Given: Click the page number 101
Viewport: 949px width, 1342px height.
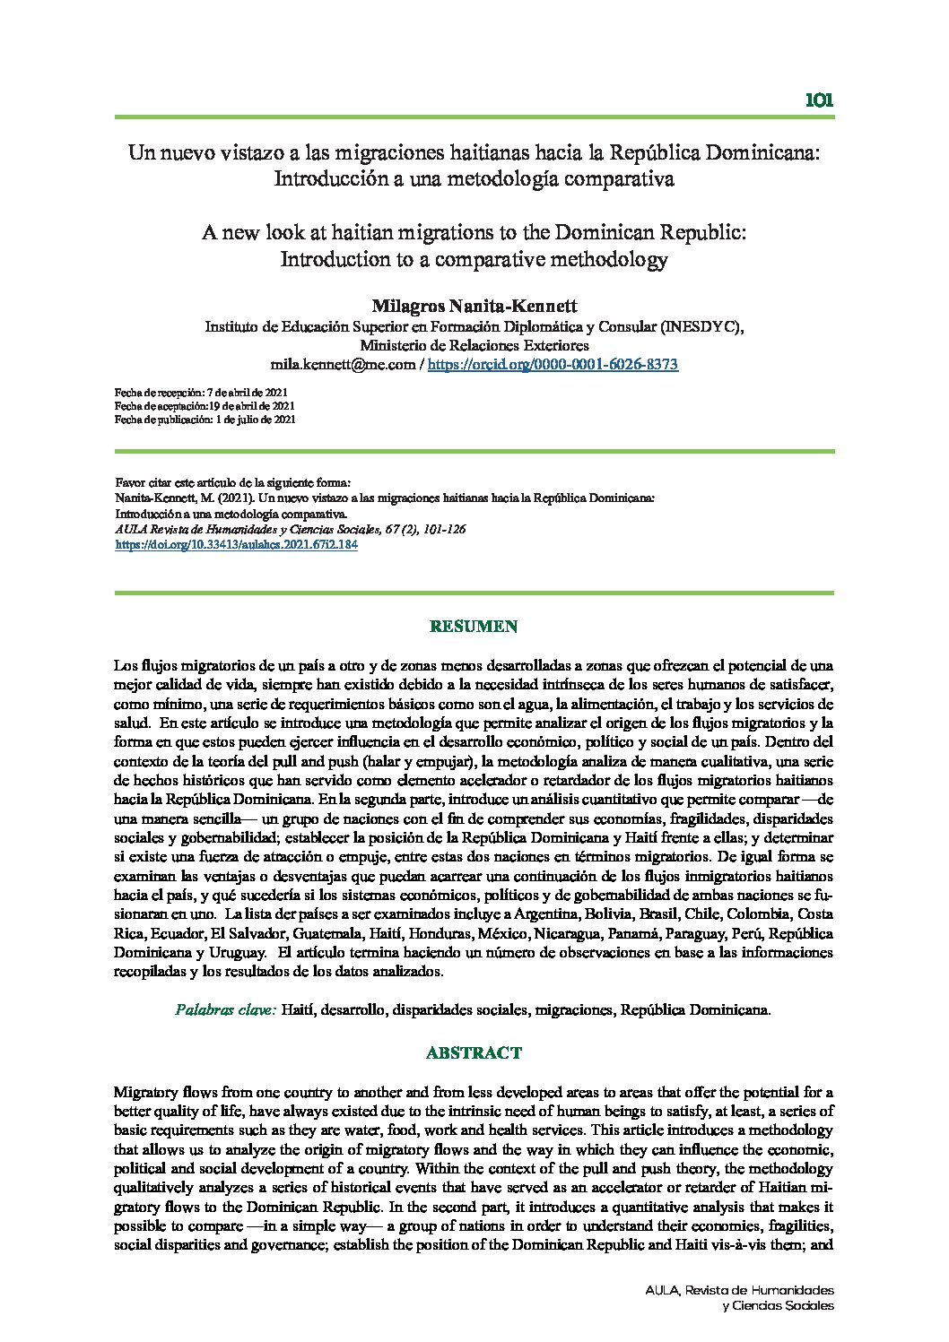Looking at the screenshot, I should click(819, 100).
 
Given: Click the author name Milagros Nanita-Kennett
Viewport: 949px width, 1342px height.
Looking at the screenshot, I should click(474, 307).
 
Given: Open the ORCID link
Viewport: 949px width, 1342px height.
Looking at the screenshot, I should click(553, 365).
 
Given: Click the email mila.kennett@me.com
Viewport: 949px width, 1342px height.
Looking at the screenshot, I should click(343, 365).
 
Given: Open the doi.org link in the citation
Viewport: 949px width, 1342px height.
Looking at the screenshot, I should click(238, 544).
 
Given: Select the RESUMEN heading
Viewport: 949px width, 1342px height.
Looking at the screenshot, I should click(474, 627).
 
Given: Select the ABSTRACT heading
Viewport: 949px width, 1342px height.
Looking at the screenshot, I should click(474, 1052).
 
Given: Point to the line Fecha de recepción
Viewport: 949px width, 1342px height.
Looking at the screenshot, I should click(202, 393).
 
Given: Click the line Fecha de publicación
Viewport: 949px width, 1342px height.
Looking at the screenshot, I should click(205, 419).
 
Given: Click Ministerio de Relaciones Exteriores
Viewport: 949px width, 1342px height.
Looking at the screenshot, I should click(474, 346).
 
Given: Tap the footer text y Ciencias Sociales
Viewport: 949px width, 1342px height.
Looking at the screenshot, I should click(778, 1305).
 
